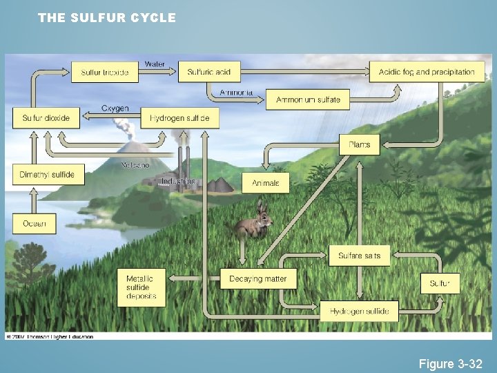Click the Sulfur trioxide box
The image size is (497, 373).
click(105, 73)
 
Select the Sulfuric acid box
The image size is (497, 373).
click(208, 72)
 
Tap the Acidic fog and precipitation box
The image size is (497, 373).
click(427, 72)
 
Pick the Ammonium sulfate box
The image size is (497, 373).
click(308, 99)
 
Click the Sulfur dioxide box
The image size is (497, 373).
click(46, 118)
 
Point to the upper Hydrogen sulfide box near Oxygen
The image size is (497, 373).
click(179, 118)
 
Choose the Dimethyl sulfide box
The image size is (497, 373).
click(46, 175)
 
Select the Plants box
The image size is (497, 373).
click(359, 144)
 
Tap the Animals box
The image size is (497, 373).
click(266, 183)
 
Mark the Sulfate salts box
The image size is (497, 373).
click(359, 256)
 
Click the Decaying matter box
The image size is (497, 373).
click(258, 279)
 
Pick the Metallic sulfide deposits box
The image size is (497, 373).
click(142, 287)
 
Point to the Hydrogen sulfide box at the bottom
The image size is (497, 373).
click(359, 312)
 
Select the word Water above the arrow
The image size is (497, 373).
click(155, 64)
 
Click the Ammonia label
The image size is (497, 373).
click(236, 93)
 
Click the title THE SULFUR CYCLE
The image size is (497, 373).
click(107, 18)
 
